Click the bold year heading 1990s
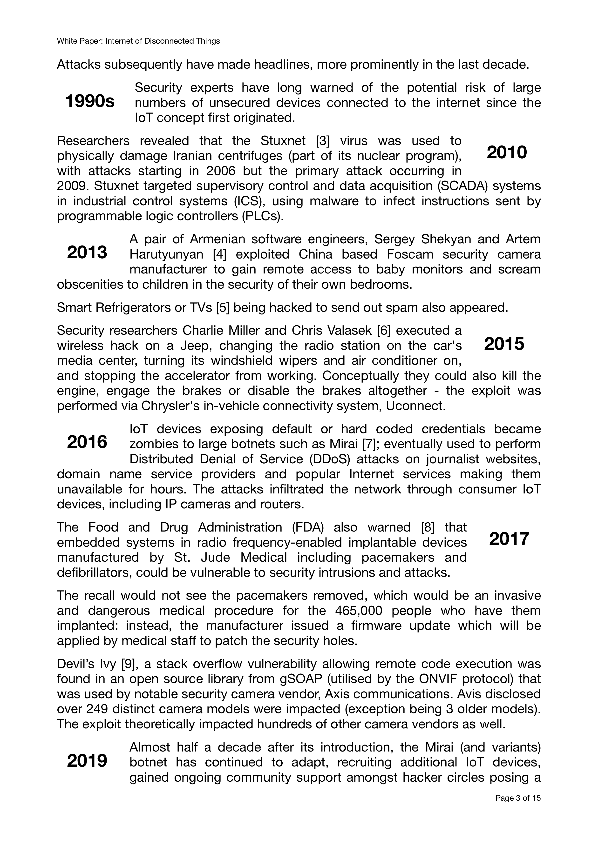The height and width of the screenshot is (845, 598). [90, 102]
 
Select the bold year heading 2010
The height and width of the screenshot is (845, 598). [507, 152]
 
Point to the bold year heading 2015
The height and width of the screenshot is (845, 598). [504, 344]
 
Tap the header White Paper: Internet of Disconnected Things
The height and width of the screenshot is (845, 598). [138, 41]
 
